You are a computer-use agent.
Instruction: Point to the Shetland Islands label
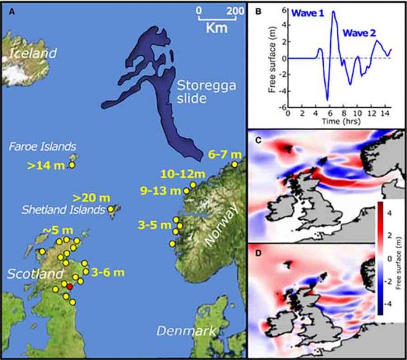coord(71,210)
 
